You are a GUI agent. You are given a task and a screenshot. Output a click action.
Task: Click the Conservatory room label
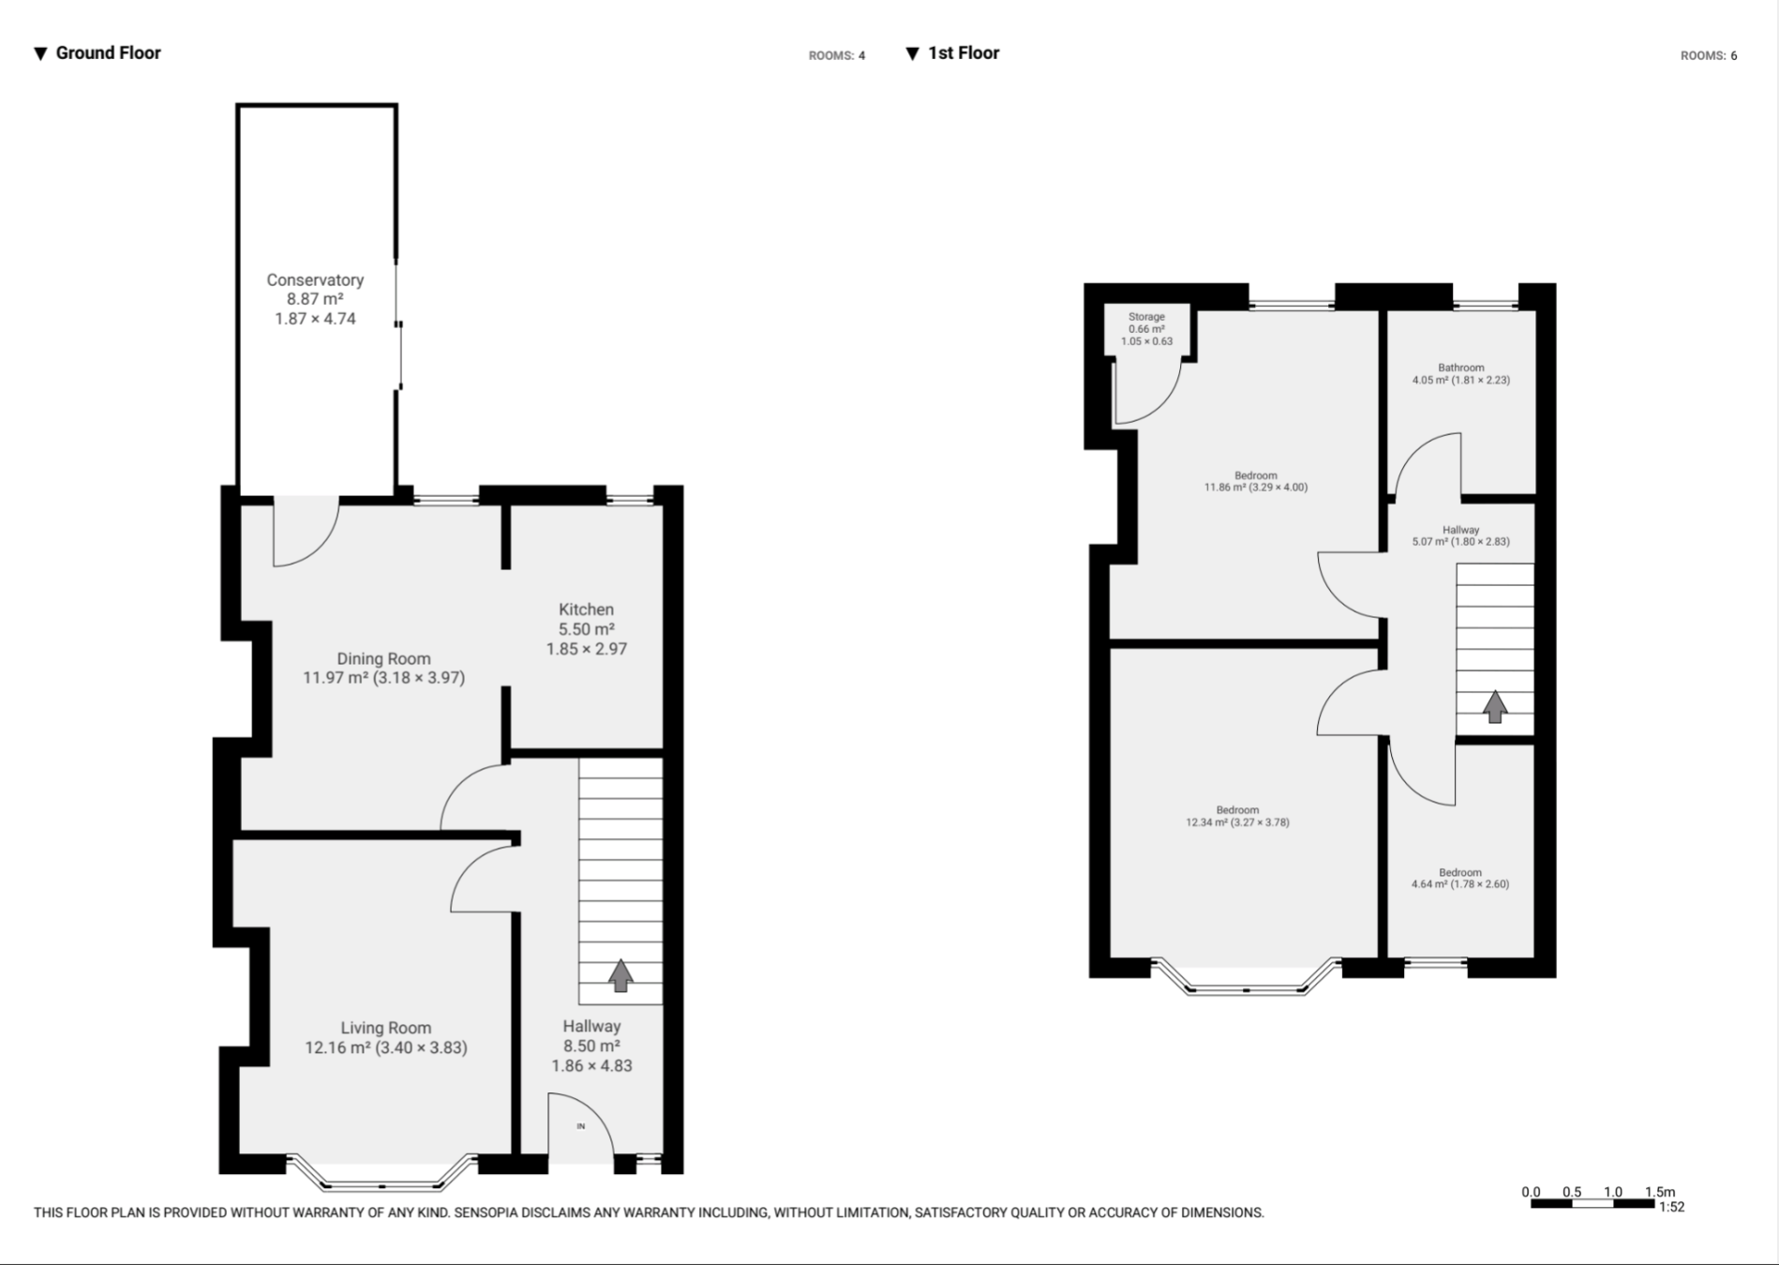315,279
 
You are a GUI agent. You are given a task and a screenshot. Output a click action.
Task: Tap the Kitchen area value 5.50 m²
586,629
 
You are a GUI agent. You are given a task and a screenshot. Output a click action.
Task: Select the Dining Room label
383,658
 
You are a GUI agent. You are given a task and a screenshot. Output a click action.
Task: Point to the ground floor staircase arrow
620,975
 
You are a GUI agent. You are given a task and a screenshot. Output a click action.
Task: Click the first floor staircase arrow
1495,706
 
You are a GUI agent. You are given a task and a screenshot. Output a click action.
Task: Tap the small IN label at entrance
581,1126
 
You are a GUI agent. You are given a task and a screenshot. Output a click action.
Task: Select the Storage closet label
1146,317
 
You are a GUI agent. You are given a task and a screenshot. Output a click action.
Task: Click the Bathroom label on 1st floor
1460,368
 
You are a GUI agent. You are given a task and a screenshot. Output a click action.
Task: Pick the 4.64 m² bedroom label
1459,883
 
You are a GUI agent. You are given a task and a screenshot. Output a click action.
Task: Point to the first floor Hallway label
1460,530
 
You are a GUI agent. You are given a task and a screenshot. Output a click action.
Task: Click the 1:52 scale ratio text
1671,1207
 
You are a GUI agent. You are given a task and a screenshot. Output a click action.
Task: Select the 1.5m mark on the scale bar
1659,1192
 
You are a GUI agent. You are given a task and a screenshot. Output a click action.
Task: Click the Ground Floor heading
108,53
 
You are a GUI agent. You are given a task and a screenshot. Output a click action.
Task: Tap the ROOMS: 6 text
1708,55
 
